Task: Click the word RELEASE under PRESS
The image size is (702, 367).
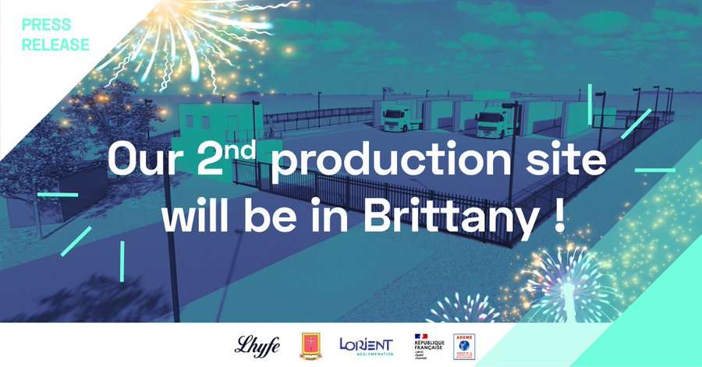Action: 55,44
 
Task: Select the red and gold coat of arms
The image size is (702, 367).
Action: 311,345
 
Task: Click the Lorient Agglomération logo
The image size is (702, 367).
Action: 366,344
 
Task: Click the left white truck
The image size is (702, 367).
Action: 402,118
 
